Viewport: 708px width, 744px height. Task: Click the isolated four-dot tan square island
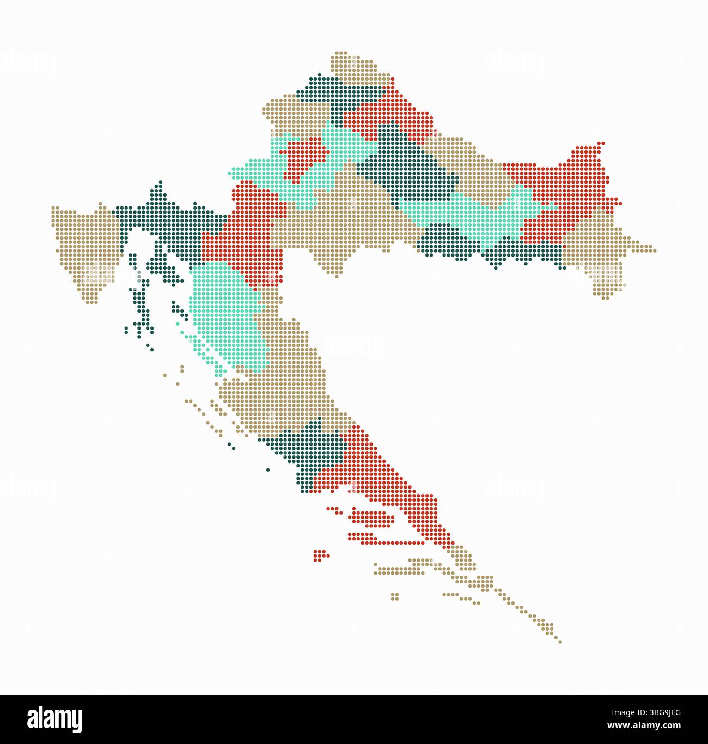point(395,596)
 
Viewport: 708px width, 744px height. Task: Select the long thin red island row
point(392,542)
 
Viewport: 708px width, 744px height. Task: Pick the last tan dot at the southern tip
point(560,642)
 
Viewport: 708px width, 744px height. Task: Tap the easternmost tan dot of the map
point(654,251)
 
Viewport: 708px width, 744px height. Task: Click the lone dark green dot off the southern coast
point(267,469)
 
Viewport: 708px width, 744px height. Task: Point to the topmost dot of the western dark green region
point(160,182)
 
